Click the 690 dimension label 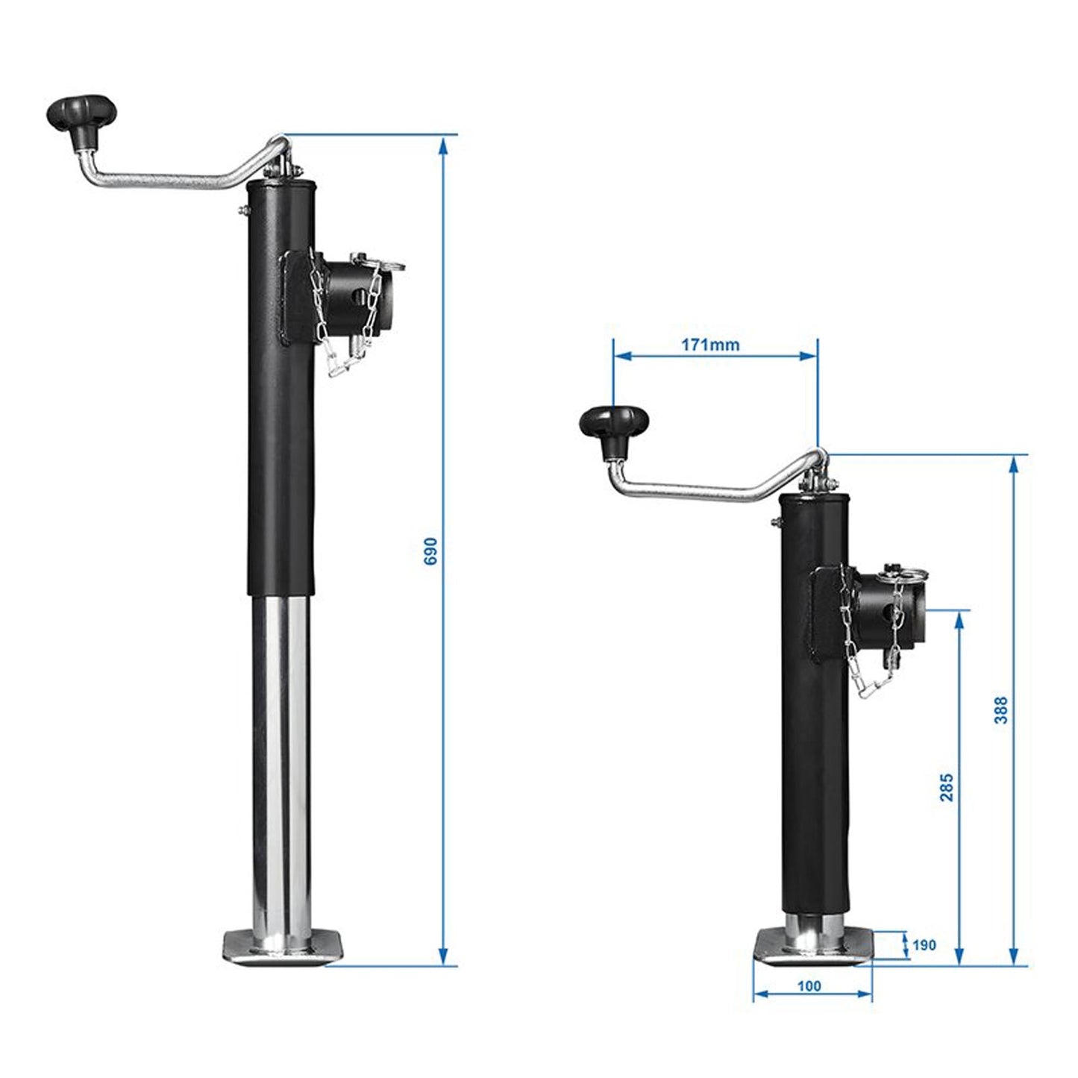(x=431, y=551)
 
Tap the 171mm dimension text (x=710, y=344)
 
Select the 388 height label (x=1001, y=709)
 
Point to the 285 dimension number (x=946, y=788)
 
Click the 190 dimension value (x=924, y=945)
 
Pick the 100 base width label (x=809, y=985)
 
